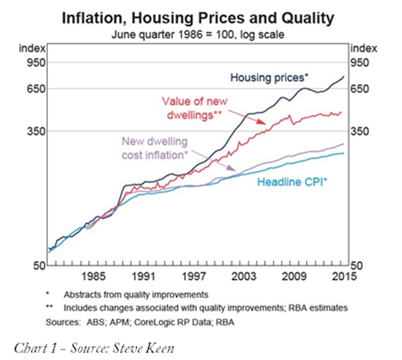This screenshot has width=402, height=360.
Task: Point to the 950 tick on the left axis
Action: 31,62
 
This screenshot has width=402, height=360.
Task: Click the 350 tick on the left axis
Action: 31,132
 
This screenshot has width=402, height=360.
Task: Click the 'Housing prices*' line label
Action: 269,77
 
